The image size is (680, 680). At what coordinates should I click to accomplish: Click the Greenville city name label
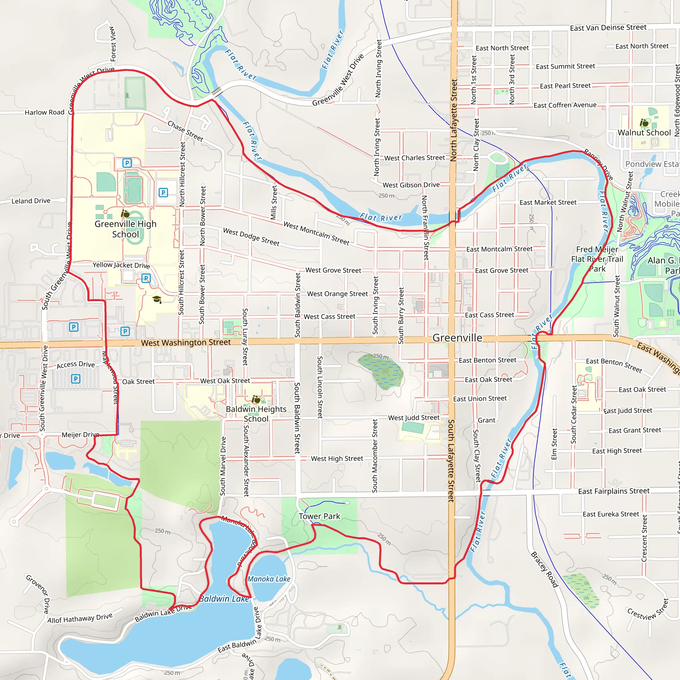[457, 338]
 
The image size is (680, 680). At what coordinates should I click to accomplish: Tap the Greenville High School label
[125, 229]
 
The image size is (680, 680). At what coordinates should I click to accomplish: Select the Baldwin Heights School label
[256, 414]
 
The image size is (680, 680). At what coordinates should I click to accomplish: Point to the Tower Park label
[319, 516]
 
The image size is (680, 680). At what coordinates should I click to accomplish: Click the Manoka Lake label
[269, 579]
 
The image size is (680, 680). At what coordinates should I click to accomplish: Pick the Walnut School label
[644, 133]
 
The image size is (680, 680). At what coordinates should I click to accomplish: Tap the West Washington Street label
[186, 342]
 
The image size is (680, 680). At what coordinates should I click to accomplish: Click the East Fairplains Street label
[614, 491]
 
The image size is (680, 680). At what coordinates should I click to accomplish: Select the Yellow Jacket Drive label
[121, 265]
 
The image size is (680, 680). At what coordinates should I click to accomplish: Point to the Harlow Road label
[44, 112]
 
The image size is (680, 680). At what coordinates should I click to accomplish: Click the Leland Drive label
[31, 201]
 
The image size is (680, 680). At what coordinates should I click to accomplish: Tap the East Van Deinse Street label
[608, 28]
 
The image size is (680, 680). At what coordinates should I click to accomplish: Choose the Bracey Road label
[545, 569]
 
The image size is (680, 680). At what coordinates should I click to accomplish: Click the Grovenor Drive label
[38, 594]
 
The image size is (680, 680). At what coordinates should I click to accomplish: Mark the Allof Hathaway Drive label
[80, 618]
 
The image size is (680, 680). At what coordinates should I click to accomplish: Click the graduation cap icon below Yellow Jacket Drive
[157, 299]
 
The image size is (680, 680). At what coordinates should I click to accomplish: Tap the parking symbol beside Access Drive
[76, 379]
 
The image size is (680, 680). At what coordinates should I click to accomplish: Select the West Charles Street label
[414, 158]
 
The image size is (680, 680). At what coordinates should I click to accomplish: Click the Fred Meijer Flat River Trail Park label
[597, 259]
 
